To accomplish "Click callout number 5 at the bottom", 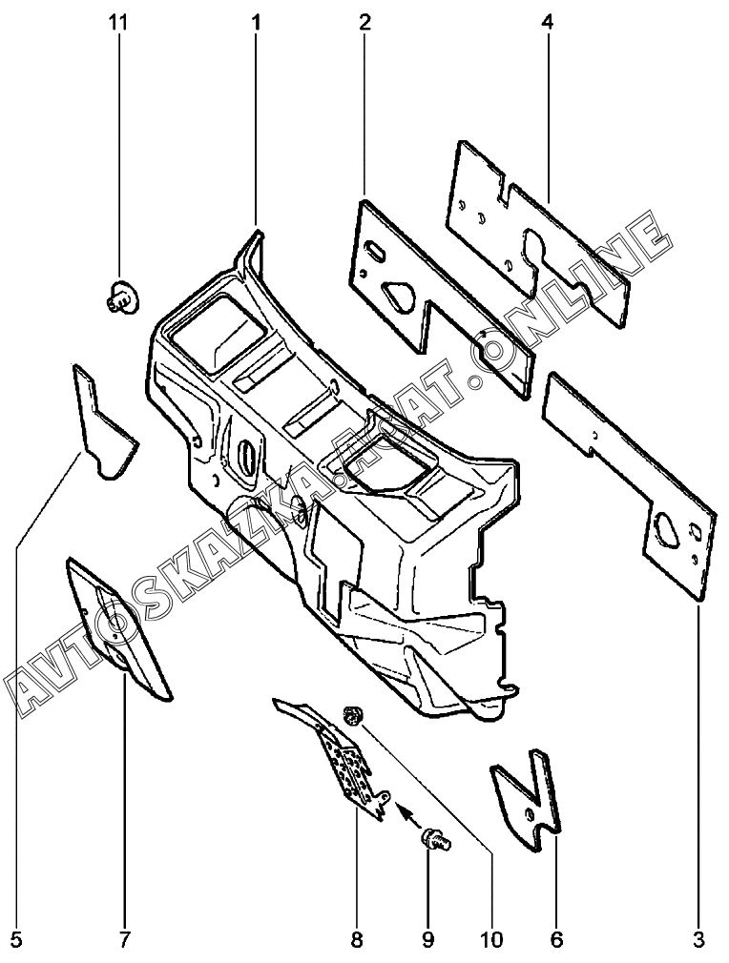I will click(16, 940).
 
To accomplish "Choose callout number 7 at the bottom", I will click(123, 940).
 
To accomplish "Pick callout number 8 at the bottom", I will click(356, 940).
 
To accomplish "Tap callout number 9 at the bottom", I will click(428, 940).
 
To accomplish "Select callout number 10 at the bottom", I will click(491, 940).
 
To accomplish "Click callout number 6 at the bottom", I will click(556, 940).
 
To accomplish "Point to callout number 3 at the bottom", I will click(698, 940).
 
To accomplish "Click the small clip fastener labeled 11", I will click(119, 297).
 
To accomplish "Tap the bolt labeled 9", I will click(435, 840).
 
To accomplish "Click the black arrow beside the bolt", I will click(407, 812).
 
